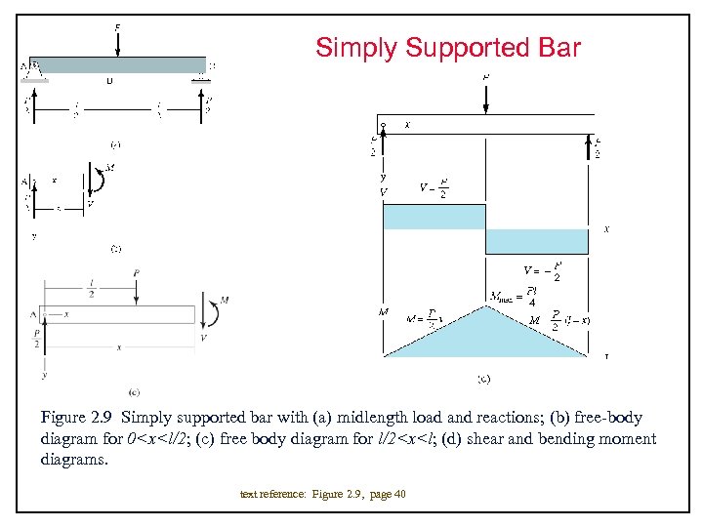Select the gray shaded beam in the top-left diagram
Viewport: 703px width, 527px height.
[x=117, y=65]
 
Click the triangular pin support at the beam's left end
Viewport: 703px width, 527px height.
[x=36, y=70]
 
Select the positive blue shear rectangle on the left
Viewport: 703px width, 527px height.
[x=434, y=217]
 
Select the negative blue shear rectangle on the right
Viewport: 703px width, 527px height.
[x=540, y=241]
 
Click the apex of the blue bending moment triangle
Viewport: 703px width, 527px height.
[x=486, y=307]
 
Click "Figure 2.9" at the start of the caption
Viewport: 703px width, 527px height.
[x=71, y=419]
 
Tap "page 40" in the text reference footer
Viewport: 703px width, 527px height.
[x=387, y=495]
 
